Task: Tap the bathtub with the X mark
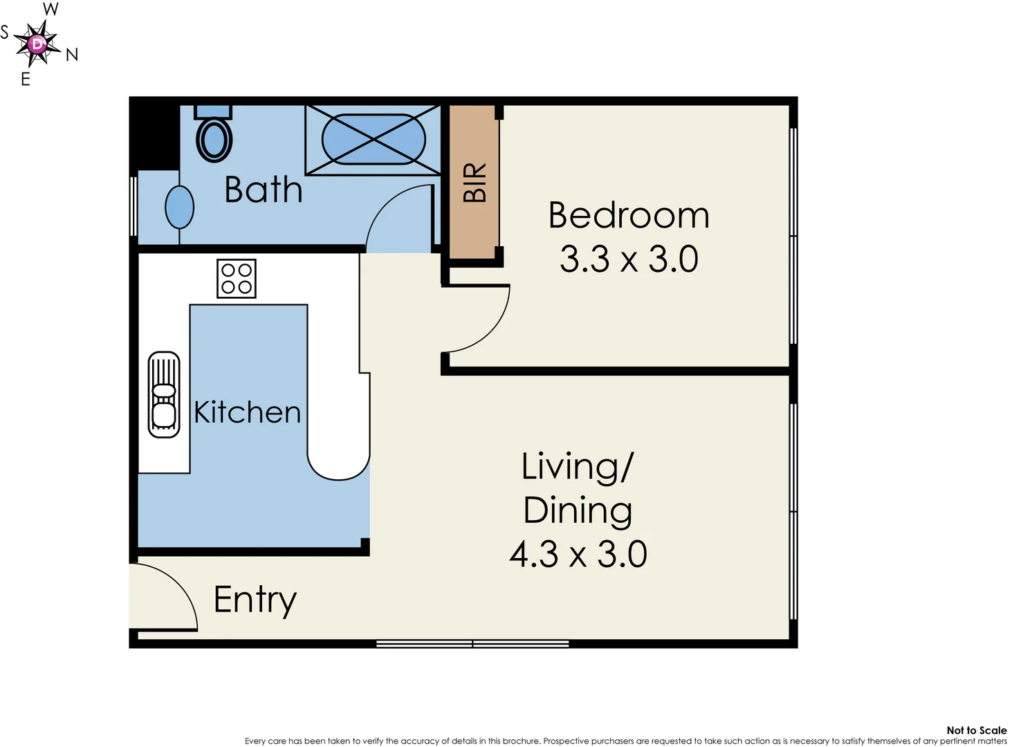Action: pyautogui.click(x=373, y=139)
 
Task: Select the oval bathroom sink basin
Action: pyautogui.click(x=179, y=207)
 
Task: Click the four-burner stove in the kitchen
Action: pyautogui.click(x=237, y=279)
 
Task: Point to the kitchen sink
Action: pyautogui.click(x=164, y=395)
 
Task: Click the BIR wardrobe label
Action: pyautogui.click(x=475, y=183)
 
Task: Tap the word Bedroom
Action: pyautogui.click(x=628, y=215)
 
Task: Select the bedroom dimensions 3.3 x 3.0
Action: pyautogui.click(x=628, y=259)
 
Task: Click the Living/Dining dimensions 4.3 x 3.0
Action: pyautogui.click(x=578, y=554)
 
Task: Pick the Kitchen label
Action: pyautogui.click(x=247, y=412)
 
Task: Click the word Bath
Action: pyautogui.click(x=264, y=190)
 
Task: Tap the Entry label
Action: pyautogui.click(x=255, y=600)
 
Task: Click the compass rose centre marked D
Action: pyautogui.click(x=37, y=44)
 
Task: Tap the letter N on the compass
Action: pyautogui.click(x=72, y=55)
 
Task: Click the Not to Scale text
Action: pyautogui.click(x=976, y=730)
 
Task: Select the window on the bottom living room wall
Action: pyautogui.click(x=472, y=643)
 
